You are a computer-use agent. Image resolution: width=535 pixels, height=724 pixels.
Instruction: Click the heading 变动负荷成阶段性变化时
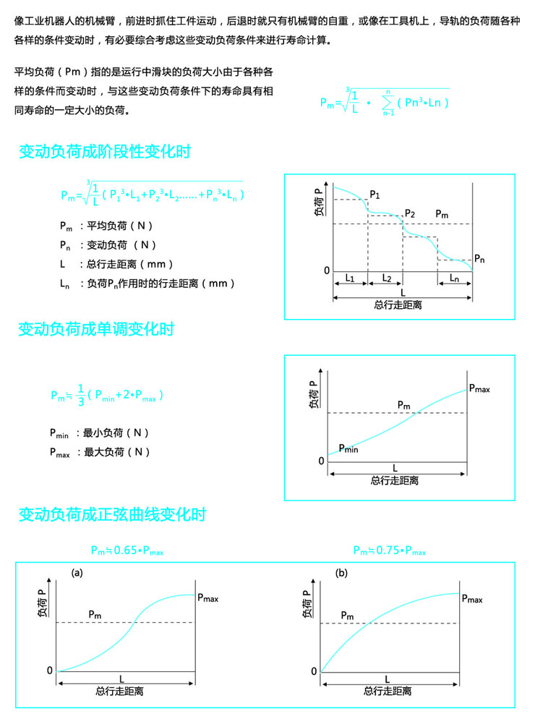coord(105,153)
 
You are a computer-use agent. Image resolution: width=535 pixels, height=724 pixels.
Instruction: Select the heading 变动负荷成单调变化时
coord(96,330)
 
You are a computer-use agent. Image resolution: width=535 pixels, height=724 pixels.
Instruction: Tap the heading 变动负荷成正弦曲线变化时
coord(112,515)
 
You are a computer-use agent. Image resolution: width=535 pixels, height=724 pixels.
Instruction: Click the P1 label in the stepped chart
coord(374,195)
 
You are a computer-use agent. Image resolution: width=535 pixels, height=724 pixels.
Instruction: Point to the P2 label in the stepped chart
coord(410,214)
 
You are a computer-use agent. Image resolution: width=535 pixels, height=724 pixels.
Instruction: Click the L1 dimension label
coord(350,278)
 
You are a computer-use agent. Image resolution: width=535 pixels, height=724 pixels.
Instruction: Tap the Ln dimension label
coord(455,278)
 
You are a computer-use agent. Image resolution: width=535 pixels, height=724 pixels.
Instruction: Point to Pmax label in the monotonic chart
coord(479,388)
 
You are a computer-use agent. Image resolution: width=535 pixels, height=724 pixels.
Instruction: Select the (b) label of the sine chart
coord(342,573)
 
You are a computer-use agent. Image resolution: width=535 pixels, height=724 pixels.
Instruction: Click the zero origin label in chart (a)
coord(50,670)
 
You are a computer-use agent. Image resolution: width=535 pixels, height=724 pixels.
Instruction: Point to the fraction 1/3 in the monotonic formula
coord(81,394)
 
